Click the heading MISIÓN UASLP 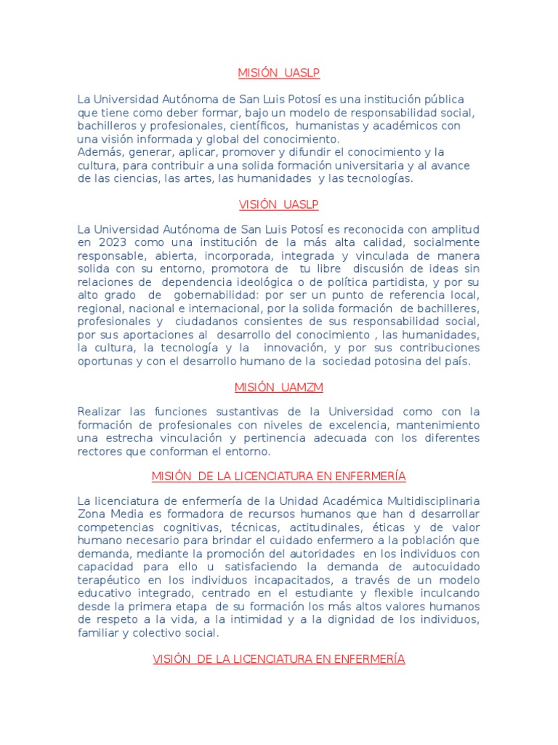pyautogui.click(x=279, y=73)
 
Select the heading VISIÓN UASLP pyautogui.click(x=279, y=204)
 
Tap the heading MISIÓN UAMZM pyautogui.click(x=279, y=387)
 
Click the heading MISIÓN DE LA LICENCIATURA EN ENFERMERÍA pyautogui.click(x=279, y=477)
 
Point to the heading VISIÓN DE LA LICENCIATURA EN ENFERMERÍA pyautogui.click(x=279, y=659)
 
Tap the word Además pyautogui.click(x=98, y=151)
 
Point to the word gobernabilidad pyautogui.click(x=219, y=295)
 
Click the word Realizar pyautogui.click(x=101, y=412)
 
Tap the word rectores pyautogui.click(x=100, y=451)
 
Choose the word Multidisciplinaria pyautogui.click(x=427, y=502)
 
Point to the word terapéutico pyautogui.click(x=111, y=581)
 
